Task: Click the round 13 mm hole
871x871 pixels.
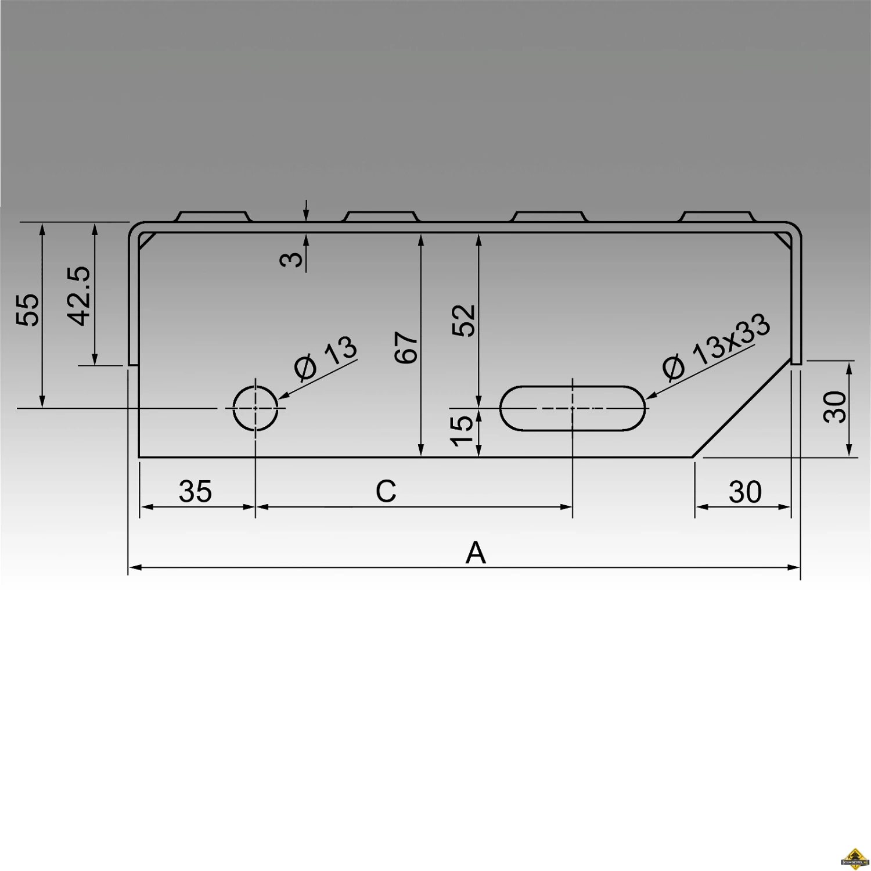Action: (x=255, y=408)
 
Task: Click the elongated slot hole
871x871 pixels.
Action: (x=573, y=408)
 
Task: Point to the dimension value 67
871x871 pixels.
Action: (x=406, y=348)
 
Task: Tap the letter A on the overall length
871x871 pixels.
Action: (x=475, y=553)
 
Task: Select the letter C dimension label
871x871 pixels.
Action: (x=386, y=491)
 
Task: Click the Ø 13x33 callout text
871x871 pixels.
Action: (x=717, y=347)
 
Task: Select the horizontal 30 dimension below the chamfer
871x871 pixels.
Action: (x=745, y=492)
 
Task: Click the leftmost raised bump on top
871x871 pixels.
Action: (x=213, y=217)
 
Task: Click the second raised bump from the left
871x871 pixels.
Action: (x=382, y=217)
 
